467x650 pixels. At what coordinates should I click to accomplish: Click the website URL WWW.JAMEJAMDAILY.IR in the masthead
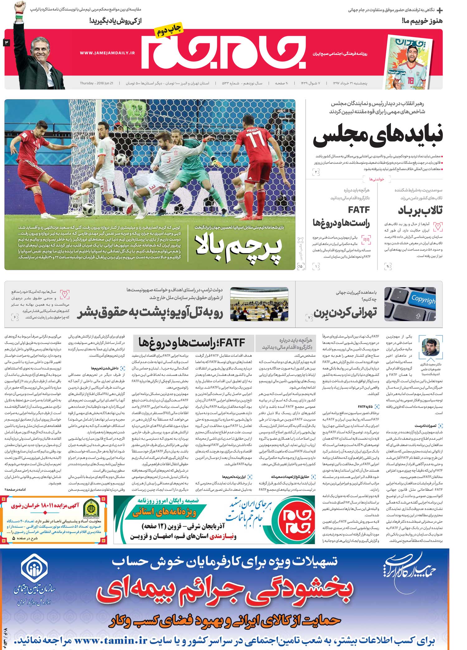click(x=107, y=53)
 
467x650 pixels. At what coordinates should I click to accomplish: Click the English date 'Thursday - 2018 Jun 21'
click(x=97, y=83)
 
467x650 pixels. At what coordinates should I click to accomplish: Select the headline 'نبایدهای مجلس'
click(x=377, y=136)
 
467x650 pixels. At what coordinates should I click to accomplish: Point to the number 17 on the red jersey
click(x=254, y=140)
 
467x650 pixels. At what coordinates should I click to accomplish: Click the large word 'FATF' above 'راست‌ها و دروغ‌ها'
click(x=359, y=210)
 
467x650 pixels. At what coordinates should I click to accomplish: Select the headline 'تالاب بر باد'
click(x=420, y=211)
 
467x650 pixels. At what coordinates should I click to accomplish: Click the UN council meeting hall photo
click(x=259, y=304)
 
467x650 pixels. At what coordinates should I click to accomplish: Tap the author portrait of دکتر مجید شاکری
click(x=431, y=347)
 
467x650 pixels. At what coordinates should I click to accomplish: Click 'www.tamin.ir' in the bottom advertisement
click(x=110, y=640)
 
